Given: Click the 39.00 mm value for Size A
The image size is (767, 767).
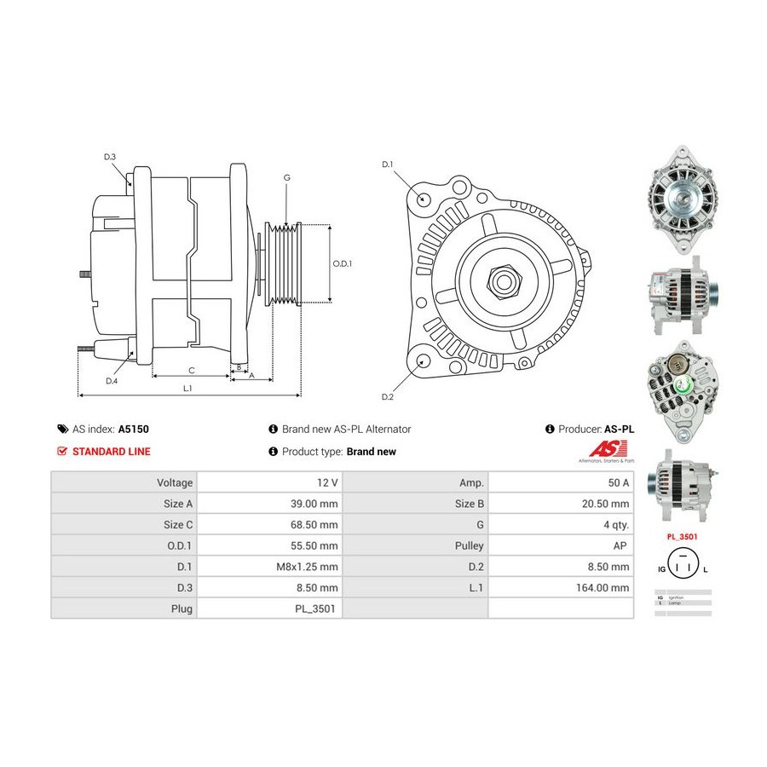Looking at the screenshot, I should click(314, 504).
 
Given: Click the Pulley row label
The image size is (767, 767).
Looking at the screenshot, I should click(470, 545).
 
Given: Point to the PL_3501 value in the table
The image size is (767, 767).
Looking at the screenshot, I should click(320, 609).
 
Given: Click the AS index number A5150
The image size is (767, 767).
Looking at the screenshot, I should click(134, 430).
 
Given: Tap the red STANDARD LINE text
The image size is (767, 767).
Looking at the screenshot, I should click(111, 452).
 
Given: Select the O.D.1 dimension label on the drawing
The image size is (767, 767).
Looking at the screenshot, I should click(342, 263).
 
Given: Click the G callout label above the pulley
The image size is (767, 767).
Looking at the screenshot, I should click(287, 177).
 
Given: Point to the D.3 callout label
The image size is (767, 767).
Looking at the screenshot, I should click(110, 157).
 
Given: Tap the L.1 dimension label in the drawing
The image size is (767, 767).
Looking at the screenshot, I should click(187, 389).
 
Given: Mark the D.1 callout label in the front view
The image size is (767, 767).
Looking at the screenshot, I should click(388, 164).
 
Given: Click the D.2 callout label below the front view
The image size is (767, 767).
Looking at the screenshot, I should click(388, 397).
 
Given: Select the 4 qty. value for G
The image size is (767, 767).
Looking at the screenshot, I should click(616, 525).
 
